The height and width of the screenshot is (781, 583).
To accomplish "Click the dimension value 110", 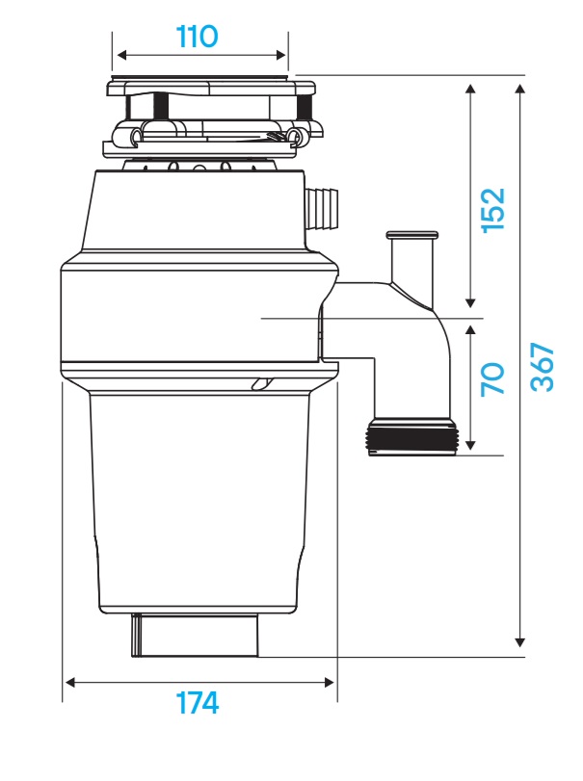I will click(198, 38).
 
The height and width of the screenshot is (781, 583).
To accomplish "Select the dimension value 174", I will click(198, 704).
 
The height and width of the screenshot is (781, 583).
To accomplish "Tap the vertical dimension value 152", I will click(491, 209).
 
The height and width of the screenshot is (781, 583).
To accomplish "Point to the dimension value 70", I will click(491, 378).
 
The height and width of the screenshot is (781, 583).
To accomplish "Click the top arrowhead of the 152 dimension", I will click(470, 89).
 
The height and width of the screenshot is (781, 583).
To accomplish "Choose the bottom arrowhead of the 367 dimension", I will click(521, 639).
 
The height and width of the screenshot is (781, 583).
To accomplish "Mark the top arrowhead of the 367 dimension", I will click(521, 89).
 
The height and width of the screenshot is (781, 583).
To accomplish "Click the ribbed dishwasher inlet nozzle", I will click(323, 208).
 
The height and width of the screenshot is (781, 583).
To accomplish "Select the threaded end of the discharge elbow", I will click(411, 438).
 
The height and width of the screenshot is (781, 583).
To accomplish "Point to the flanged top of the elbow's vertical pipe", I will click(411, 234).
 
